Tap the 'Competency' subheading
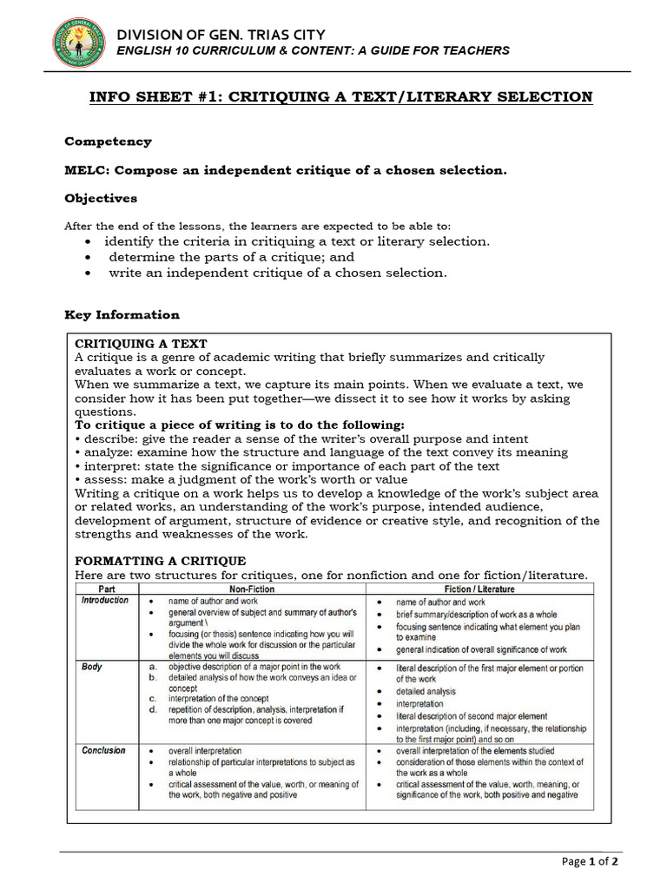click(108, 142)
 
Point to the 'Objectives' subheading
click(101, 198)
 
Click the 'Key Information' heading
click(122, 315)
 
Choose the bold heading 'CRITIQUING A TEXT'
click(141, 344)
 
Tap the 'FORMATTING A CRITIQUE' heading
click(160, 561)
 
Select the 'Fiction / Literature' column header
click(479, 589)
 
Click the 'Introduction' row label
click(104, 601)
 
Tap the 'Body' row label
click(91, 667)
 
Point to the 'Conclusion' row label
click(103, 750)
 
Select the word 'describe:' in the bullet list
click(108, 439)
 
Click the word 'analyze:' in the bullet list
click(107, 452)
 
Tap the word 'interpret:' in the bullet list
click(109, 466)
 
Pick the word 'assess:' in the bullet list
click(103, 479)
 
